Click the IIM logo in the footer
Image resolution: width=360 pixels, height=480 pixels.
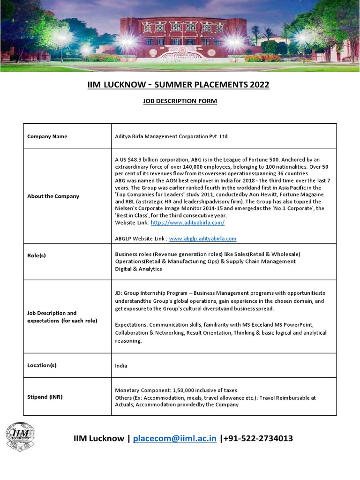click(x=20, y=437)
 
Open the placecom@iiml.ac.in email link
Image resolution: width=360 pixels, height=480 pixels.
click(x=175, y=438)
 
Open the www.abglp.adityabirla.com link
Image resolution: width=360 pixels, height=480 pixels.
click(x=202, y=238)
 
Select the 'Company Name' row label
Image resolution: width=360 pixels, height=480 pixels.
click(x=47, y=136)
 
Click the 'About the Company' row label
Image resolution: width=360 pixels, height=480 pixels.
click(x=53, y=196)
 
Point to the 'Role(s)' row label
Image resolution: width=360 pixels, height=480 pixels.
click(x=37, y=255)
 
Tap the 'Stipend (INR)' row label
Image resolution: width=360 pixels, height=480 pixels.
click(x=45, y=397)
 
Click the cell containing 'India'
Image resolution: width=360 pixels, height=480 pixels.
click(x=121, y=366)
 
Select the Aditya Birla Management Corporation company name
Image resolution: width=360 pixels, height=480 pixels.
click(x=172, y=136)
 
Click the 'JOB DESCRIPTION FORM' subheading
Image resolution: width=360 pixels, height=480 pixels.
click(x=180, y=101)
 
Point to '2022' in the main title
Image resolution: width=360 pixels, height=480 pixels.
click(x=256, y=85)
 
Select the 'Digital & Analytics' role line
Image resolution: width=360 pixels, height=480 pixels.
click(x=138, y=269)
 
